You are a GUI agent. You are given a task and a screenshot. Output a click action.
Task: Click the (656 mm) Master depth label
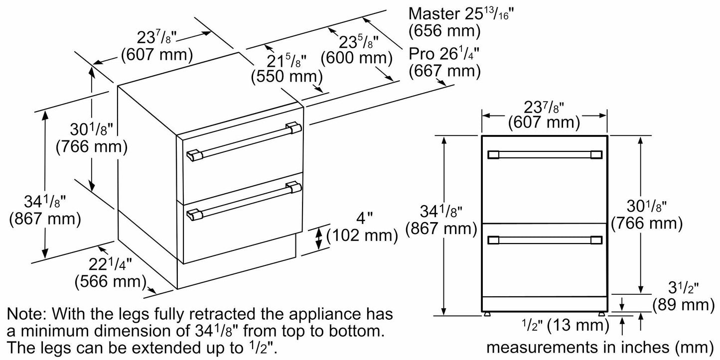tap(444, 31)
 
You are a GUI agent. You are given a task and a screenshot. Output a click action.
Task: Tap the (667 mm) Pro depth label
tap(444, 71)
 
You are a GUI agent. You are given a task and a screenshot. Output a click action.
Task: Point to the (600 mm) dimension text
tap(353, 58)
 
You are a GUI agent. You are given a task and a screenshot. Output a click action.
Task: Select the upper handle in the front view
tap(544, 155)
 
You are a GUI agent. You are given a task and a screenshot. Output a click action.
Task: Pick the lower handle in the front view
tap(544, 241)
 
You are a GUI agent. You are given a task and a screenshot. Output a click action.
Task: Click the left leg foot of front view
tap(486, 315)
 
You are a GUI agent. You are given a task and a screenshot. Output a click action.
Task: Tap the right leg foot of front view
tap(601, 315)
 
